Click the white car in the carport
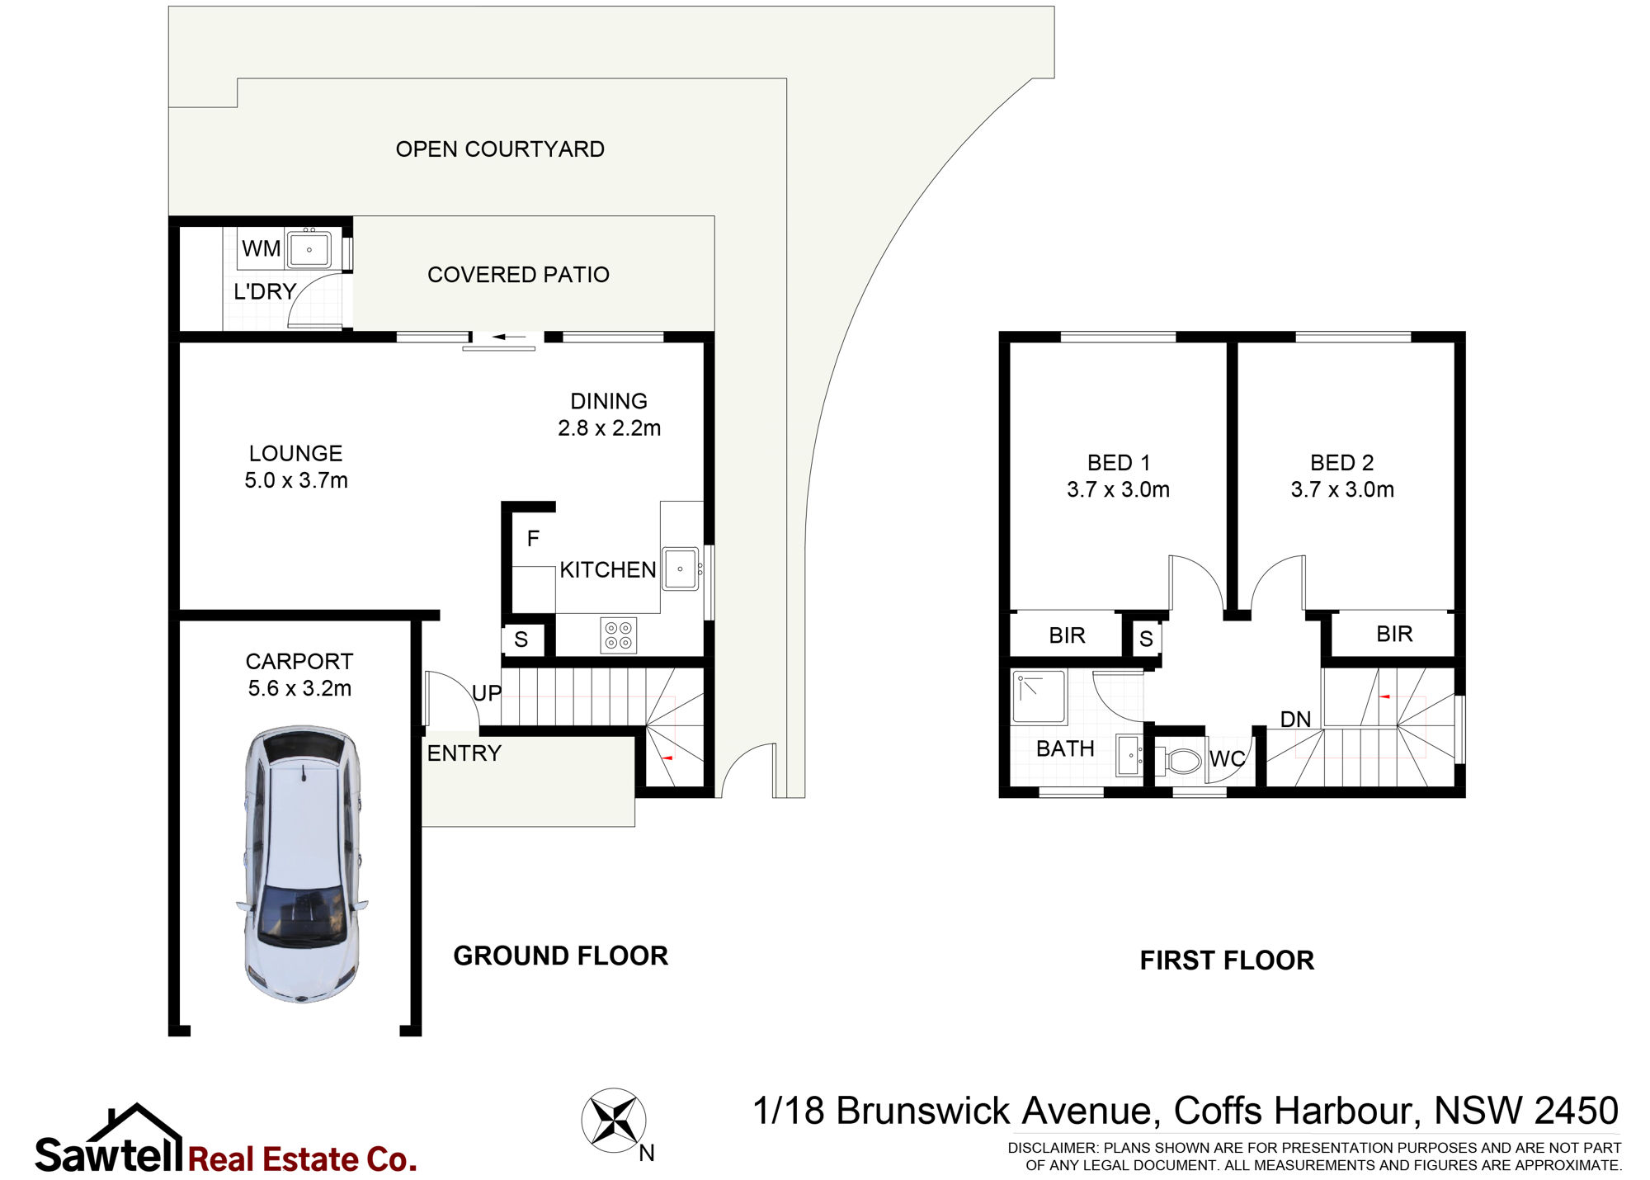point(302,864)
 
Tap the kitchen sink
point(681,569)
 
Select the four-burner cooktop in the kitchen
point(619,635)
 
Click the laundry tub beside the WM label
point(309,249)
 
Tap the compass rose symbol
point(614,1121)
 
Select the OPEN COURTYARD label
point(500,149)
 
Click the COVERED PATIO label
point(518,275)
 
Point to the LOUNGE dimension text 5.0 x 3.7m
point(296,480)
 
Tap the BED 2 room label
point(1342,463)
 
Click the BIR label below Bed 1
point(1067,635)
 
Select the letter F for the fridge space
point(533,539)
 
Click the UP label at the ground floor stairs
point(487,693)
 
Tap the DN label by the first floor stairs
point(1295,720)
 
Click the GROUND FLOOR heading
point(561,956)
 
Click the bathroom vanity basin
point(1130,755)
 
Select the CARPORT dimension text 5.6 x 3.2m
point(299,688)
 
